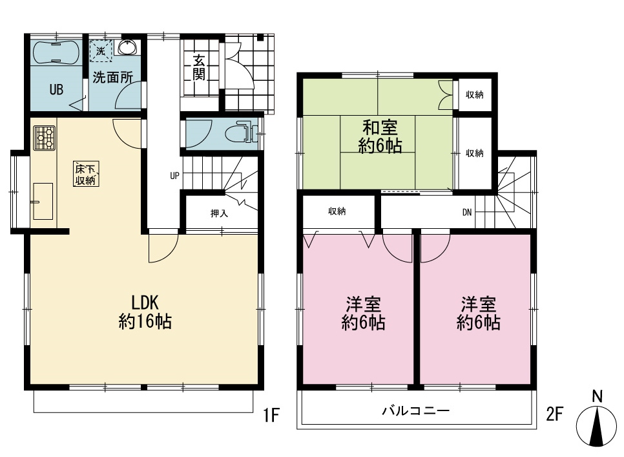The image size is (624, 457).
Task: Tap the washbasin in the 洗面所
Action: coord(127,47)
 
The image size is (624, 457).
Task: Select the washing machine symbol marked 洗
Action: coord(100,51)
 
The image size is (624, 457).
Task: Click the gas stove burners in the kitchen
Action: coord(44,138)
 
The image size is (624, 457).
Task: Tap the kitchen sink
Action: coord(43,201)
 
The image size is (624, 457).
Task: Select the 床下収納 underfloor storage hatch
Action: coord(85,174)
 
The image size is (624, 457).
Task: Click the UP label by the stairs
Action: coord(174,176)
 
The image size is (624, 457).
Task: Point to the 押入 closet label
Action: coord(219,213)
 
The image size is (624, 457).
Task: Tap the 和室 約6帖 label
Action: coord(380,136)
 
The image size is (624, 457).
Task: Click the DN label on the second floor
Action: coord(467,213)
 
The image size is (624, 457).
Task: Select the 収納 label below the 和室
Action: coord(337,211)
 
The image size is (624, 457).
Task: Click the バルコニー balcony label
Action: coord(416,410)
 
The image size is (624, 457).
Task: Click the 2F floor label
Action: coord(554,414)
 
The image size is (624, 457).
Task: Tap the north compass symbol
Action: coord(598,425)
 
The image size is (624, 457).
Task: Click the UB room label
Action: coord(56,90)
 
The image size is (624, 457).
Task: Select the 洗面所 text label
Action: coord(112,77)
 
